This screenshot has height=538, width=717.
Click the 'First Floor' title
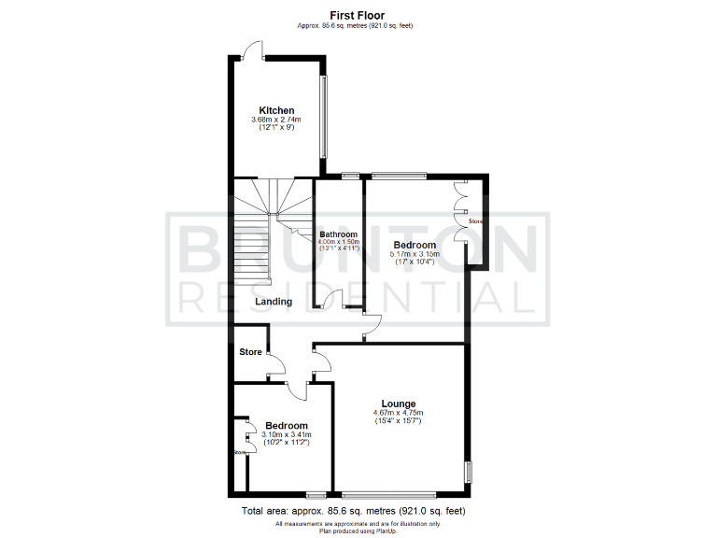click(x=358, y=15)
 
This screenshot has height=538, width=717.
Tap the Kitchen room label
click(x=276, y=110)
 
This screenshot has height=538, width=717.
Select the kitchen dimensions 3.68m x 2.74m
click(x=276, y=120)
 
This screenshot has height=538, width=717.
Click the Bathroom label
click(x=338, y=234)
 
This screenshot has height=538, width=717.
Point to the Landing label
click(x=274, y=302)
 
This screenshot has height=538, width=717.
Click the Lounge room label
click(x=398, y=403)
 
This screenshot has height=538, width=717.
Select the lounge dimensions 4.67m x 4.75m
click(x=398, y=413)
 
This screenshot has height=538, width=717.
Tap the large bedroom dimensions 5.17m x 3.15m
click(x=415, y=253)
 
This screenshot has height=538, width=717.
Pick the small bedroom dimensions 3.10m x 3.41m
click(x=286, y=434)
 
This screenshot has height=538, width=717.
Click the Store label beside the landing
click(x=250, y=352)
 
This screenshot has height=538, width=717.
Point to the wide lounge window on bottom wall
click(x=388, y=493)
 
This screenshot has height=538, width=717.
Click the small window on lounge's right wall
click(x=469, y=472)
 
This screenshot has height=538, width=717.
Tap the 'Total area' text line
click(x=353, y=511)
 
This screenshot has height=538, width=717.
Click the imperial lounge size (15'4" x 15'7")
click(x=398, y=421)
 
